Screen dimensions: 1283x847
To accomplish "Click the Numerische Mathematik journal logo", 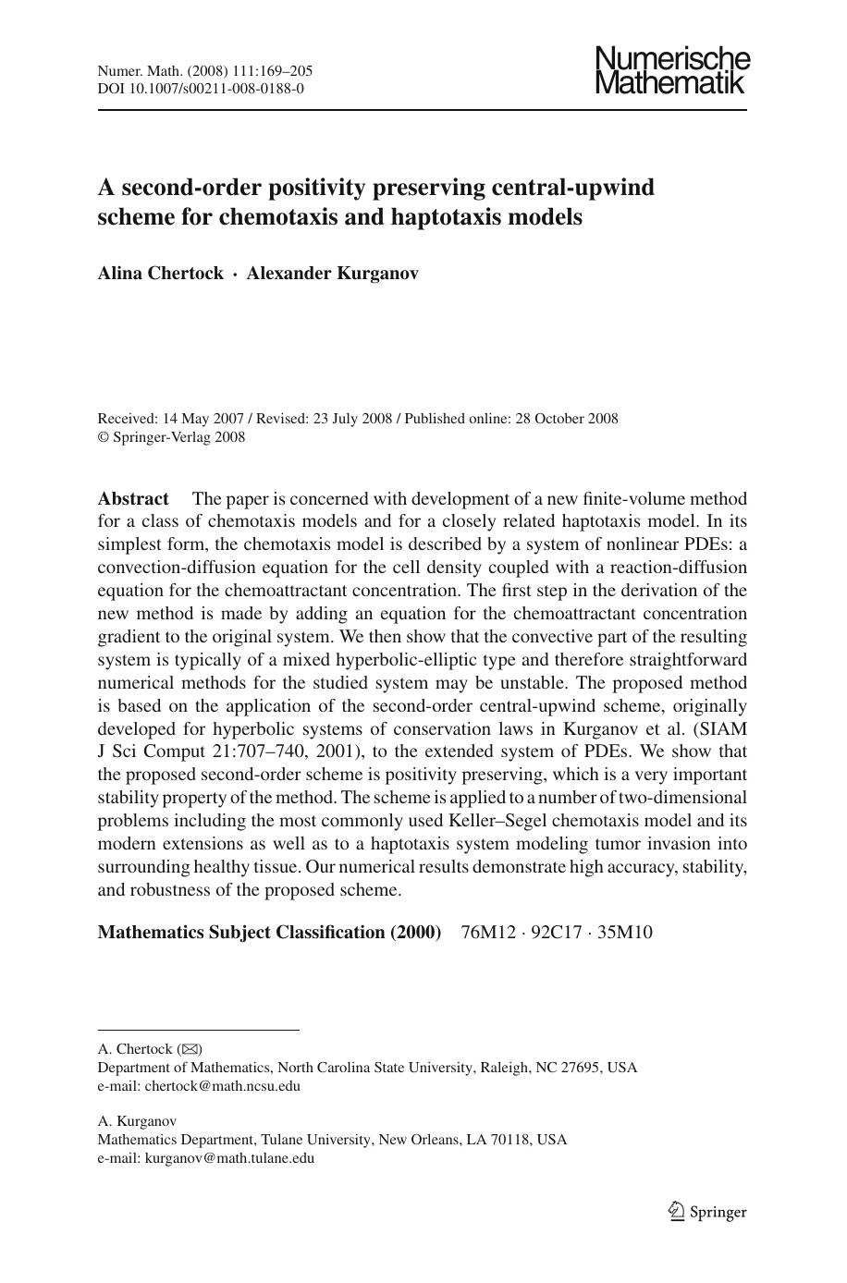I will pyautogui.click(x=671, y=70).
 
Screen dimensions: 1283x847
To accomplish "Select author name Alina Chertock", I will pyautogui.click(x=160, y=273).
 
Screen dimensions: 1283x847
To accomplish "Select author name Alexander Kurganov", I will pyautogui.click(x=332, y=273).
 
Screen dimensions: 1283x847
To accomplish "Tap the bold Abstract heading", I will pyautogui.click(x=133, y=499).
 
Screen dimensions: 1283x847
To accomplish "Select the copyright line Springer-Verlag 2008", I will pyautogui.click(x=178, y=438).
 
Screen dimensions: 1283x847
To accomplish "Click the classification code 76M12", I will pyautogui.click(x=488, y=932).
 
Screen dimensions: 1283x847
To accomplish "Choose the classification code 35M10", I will pyautogui.click(x=625, y=932).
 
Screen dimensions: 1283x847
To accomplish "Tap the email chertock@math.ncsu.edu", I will pyautogui.click(x=222, y=1086).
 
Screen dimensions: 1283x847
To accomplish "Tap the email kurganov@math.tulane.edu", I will pyautogui.click(x=229, y=1158).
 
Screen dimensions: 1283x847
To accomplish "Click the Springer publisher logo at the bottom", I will pyautogui.click(x=707, y=1212).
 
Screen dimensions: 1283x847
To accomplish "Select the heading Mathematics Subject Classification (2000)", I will pyautogui.click(x=269, y=932).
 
